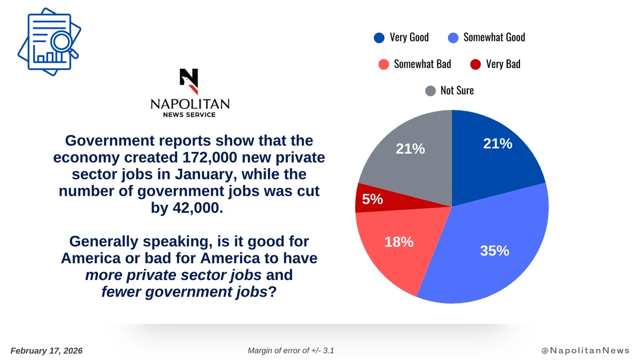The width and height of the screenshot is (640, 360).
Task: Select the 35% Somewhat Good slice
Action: tap(491, 245)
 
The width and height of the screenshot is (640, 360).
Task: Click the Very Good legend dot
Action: tap(379, 37)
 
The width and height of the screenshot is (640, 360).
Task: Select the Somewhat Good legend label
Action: tap(494, 37)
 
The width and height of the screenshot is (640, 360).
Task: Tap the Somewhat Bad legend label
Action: tap(422, 64)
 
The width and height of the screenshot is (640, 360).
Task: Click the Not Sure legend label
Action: tap(457, 91)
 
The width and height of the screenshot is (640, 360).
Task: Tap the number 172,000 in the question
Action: tap(198, 158)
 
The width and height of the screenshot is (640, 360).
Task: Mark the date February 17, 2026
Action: tap(46, 350)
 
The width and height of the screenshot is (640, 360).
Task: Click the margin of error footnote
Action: tap(291, 350)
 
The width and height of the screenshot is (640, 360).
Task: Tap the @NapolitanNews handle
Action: tap(586, 350)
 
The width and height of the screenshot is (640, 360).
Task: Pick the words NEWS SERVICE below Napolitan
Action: tap(189, 115)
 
